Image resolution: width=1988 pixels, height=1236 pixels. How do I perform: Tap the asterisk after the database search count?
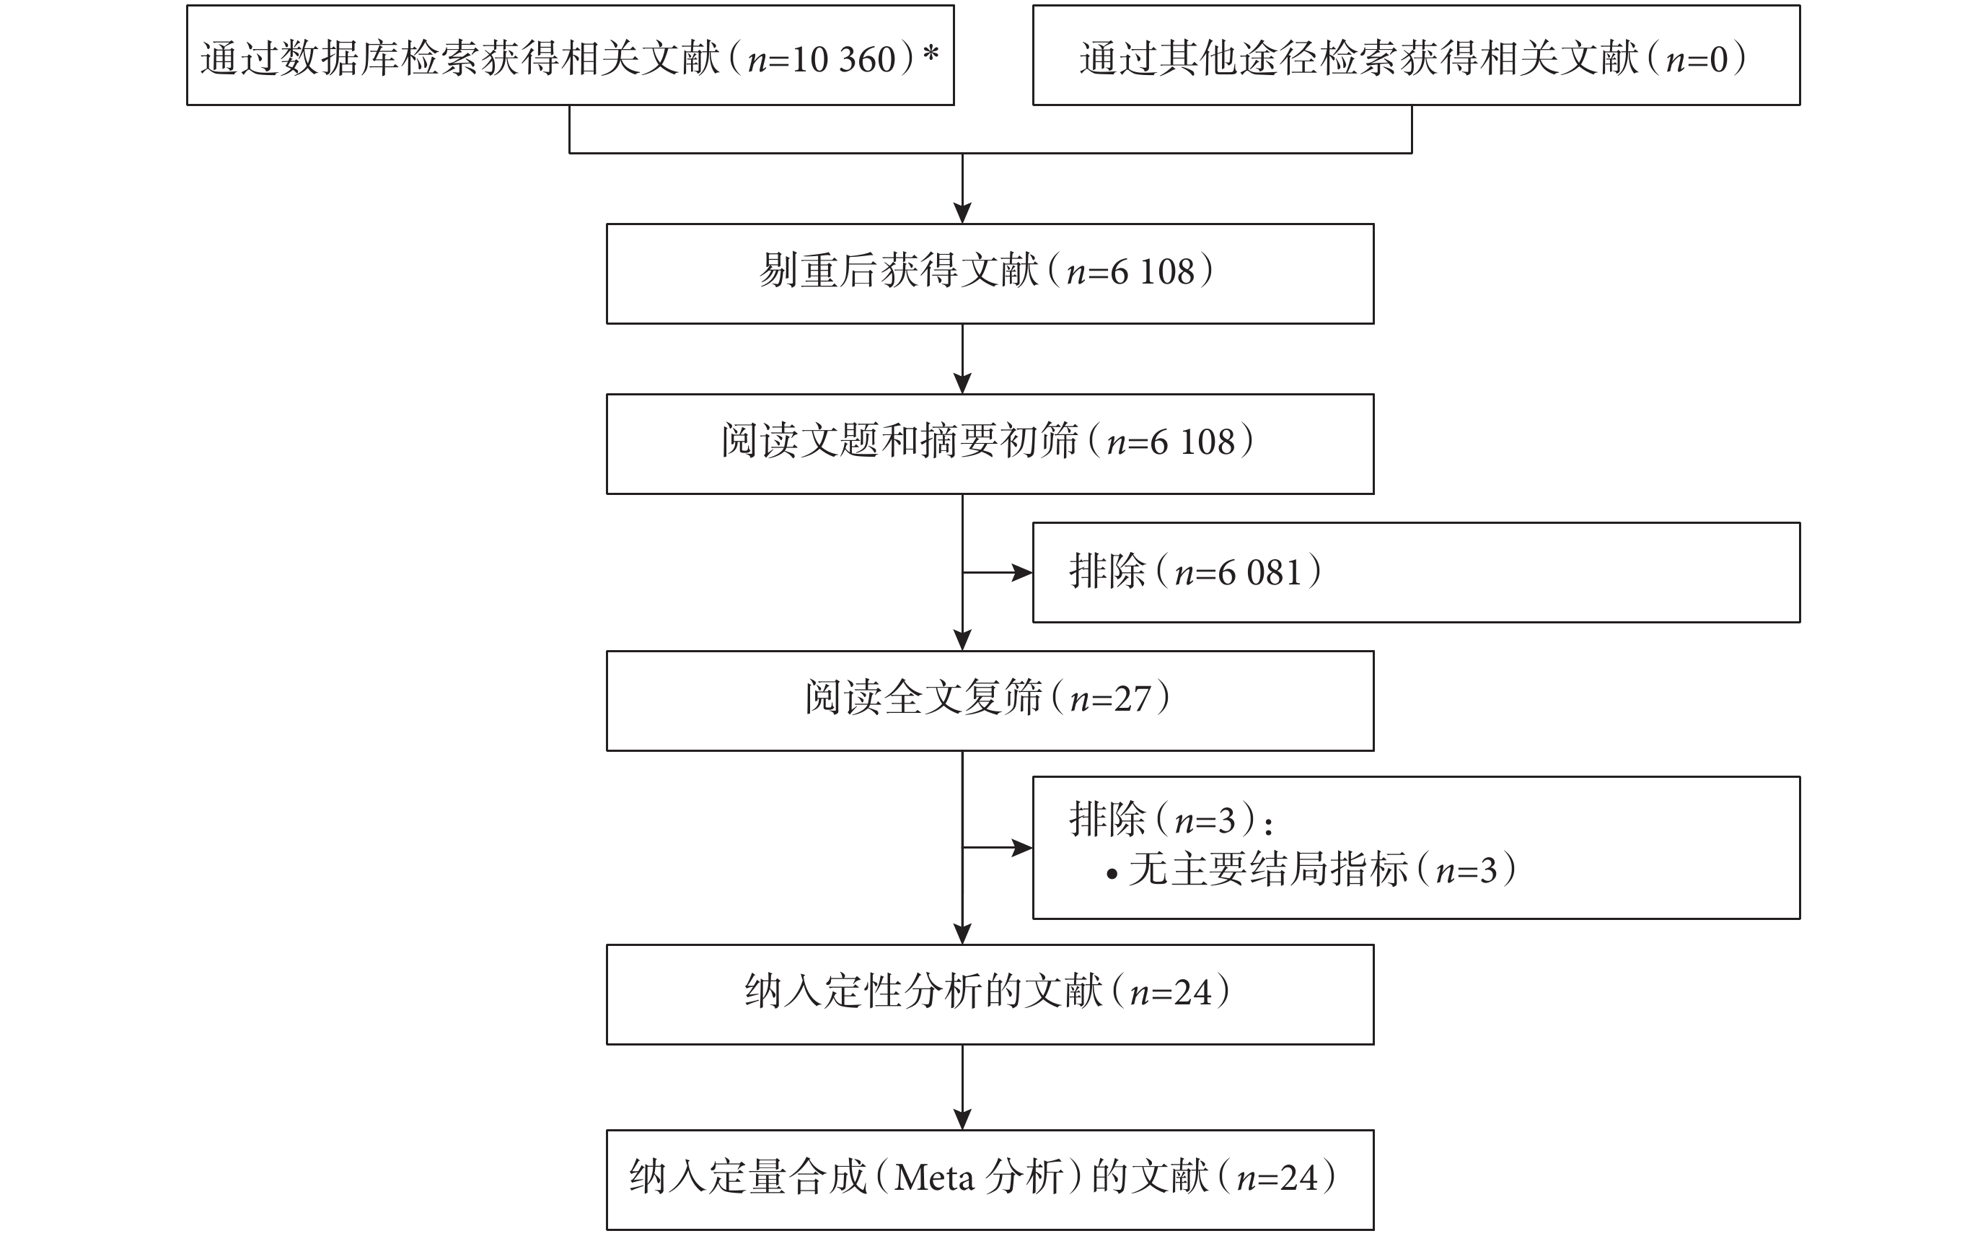point(931,53)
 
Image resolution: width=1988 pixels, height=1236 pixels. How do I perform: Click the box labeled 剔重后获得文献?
point(990,274)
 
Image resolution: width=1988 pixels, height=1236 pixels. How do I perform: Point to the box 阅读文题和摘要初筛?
point(990,444)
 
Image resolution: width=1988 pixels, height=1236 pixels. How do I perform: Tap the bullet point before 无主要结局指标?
point(1112,874)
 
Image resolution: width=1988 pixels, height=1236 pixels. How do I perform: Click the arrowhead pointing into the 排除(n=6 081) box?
point(1023,573)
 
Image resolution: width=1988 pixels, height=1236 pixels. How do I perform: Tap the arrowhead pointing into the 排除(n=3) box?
point(1023,848)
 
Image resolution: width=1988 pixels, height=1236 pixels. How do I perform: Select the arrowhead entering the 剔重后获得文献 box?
point(962,213)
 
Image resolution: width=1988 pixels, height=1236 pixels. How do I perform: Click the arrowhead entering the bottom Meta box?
point(962,1119)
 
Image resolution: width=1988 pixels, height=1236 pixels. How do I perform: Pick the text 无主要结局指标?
point(1269,869)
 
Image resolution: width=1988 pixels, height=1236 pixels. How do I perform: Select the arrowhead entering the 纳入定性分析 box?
point(962,934)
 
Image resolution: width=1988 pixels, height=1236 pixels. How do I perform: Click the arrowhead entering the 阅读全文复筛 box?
point(962,640)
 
